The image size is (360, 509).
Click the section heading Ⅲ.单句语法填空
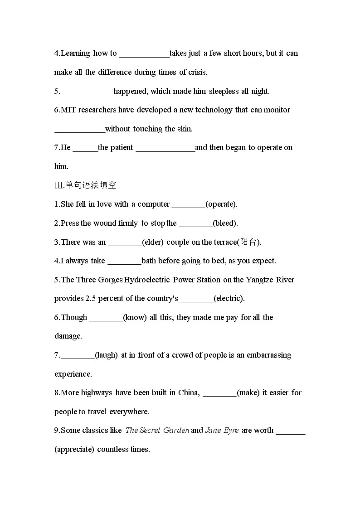tap(85, 185)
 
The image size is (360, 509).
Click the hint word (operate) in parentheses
tap(221, 204)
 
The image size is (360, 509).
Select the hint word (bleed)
tap(225, 223)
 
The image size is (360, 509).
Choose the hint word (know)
tap(135, 317)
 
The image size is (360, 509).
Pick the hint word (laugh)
tap(106, 355)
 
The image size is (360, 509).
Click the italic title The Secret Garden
tap(157, 430)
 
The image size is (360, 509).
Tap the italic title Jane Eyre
tap(222, 430)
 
